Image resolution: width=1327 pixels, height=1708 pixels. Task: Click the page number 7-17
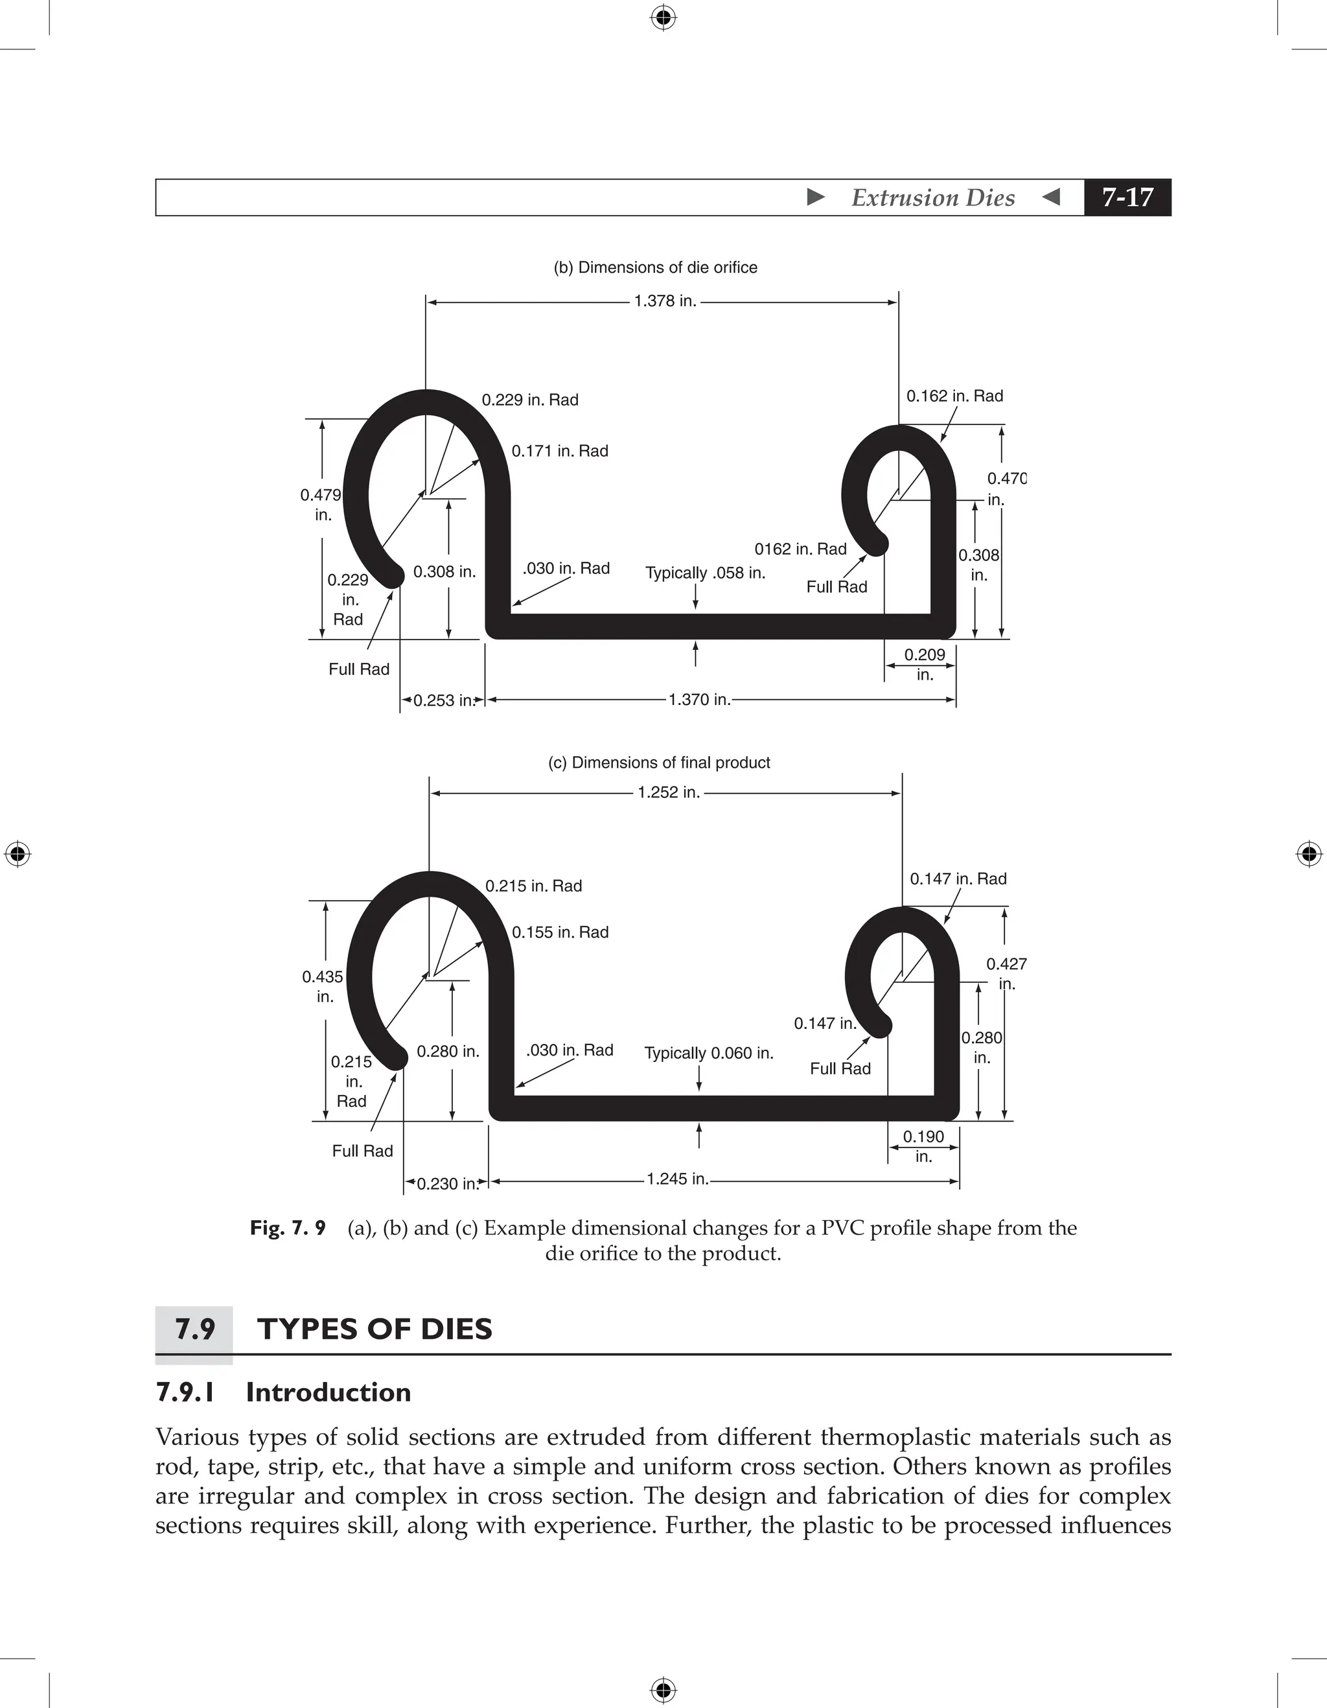[x=1127, y=197]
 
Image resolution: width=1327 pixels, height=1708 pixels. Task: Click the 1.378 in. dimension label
[x=665, y=301]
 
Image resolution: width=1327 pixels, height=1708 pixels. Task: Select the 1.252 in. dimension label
[x=668, y=792]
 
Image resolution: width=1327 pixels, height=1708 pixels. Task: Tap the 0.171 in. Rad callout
[x=559, y=451]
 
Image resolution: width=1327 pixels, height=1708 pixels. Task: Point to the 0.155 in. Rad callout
[x=560, y=932]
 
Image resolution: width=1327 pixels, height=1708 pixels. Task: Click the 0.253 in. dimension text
[x=443, y=700]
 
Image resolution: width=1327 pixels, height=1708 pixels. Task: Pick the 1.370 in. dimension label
[x=699, y=700]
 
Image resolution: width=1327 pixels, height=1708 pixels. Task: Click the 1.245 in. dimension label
[x=677, y=1179]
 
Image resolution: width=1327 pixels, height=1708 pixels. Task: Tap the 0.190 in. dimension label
[x=923, y=1146]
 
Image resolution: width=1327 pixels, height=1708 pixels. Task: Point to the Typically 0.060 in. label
[x=708, y=1054]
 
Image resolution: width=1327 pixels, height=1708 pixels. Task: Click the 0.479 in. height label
[x=321, y=504]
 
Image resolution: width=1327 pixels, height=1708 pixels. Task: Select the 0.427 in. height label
[x=1006, y=974]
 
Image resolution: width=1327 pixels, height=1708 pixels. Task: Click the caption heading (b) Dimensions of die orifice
[x=655, y=268]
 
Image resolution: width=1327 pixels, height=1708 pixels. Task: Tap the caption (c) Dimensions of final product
[x=658, y=763]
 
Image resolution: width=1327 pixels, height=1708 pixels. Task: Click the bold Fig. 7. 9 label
[x=287, y=1229]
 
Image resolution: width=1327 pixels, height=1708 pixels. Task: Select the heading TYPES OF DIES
[x=375, y=1330]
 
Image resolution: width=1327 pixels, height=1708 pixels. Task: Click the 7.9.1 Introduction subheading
[x=283, y=1393]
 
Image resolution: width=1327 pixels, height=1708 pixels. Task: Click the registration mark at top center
[x=663, y=17]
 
